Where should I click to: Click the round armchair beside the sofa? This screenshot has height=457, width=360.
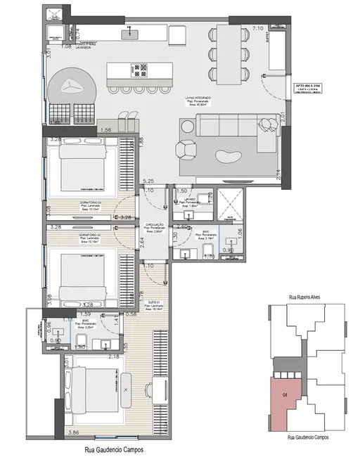coord(186,151)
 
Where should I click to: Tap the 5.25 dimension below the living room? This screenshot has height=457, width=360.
coord(148,181)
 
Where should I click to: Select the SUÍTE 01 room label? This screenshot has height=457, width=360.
coord(154,303)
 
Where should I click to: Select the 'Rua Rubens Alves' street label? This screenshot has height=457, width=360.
coord(309,297)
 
